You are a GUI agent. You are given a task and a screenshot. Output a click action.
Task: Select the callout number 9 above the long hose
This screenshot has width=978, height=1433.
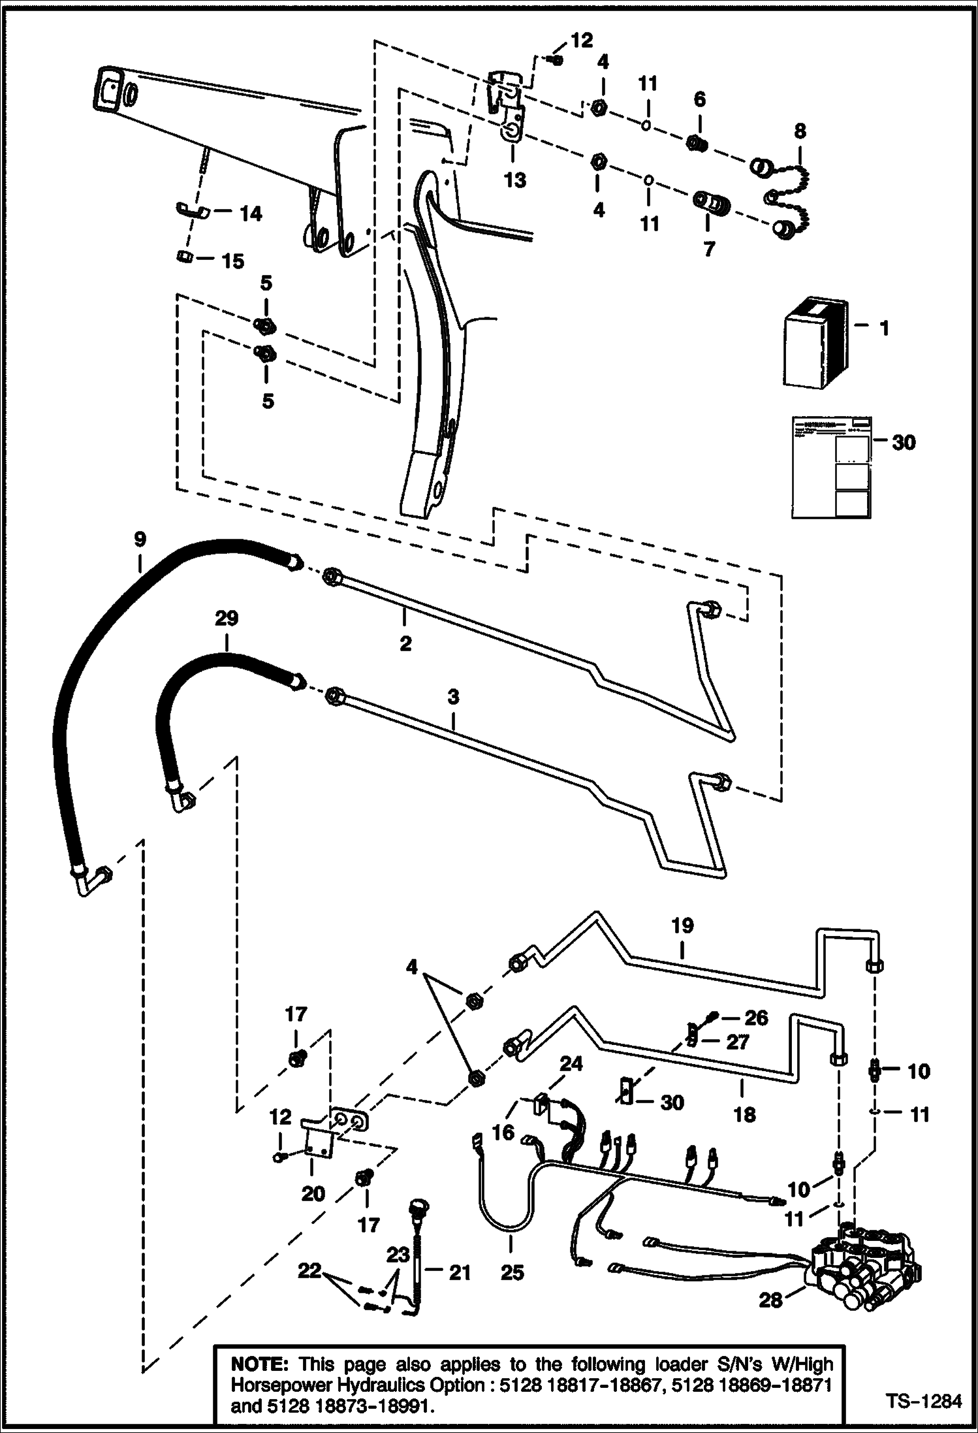pyautogui.click(x=139, y=539)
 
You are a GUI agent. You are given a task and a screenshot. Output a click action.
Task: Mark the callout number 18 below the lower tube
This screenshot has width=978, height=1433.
pyautogui.click(x=744, y=1114)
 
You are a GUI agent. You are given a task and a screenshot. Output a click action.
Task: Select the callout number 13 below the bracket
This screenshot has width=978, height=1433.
pyautogui.click(x=515, y=180)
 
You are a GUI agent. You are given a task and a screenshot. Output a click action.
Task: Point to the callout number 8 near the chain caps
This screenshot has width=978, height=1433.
pyautogui.click(x=800, y=131)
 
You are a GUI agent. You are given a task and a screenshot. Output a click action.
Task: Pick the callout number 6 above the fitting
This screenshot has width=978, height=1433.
pyautogui.click(x=699, y=99)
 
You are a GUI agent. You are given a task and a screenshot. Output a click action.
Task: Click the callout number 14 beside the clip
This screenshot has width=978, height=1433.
pyautogui.click(x=250, y=214)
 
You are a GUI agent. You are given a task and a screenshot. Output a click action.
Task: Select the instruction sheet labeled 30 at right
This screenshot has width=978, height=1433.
pyautogui.click(x=831, y=468)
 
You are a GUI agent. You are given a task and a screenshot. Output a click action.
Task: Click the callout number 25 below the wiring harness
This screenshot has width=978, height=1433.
pyautogui.click(x=513, y=1272)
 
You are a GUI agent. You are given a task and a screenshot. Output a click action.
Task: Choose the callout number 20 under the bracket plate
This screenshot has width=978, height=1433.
pyautogui.click(x=313, y=1193)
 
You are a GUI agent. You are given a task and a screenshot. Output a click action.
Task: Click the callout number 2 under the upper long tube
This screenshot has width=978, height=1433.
pyautogui.click(x=405, y=643)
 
